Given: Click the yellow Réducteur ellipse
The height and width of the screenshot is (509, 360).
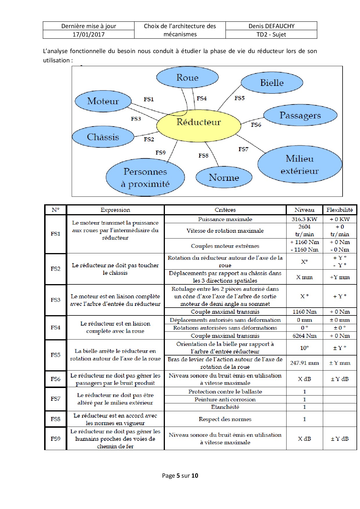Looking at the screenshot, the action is click(x=199, y=126).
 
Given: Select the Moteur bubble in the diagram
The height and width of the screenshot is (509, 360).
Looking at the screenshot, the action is click(x=103, y=101).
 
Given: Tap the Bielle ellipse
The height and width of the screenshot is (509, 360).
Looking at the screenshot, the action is click(x=272, y=83).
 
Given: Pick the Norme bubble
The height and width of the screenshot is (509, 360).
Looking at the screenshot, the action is click(x=224, y=177).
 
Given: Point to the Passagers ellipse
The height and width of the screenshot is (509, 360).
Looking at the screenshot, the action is click(x=300, y=115).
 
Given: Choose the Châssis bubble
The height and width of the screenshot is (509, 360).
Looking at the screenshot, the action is click(x=103, y=137).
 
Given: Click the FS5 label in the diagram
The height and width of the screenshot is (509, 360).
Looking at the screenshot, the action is click(x=240, y=98).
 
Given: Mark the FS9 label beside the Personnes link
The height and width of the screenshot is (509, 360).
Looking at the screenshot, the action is click(x=161, y=153).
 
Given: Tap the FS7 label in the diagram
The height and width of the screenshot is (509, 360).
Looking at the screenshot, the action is click(x=244, y=149).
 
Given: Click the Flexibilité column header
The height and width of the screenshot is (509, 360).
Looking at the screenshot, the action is click(x=340, y=210).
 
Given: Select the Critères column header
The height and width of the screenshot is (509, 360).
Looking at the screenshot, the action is click(x=225, y=210).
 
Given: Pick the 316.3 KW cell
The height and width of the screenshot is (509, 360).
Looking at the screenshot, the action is click(x=305, y=219).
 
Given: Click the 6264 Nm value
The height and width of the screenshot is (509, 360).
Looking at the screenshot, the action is click(x=305, y=336).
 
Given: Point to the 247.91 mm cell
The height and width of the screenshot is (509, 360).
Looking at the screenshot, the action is click(x=305, y=363).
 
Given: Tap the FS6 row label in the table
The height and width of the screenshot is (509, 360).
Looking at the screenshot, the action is click(x=55, y=379).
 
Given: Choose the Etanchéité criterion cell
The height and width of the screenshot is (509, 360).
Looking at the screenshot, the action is click(x=225, y=407).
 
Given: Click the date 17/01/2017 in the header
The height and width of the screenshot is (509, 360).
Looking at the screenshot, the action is click(x=89, y=35).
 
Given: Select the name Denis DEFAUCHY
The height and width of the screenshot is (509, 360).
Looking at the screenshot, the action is click(x=271, y=26).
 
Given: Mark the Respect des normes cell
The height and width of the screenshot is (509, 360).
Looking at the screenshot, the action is click(x=225, y=419).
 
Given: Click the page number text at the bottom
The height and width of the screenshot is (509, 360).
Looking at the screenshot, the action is click(x=180, y=475).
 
